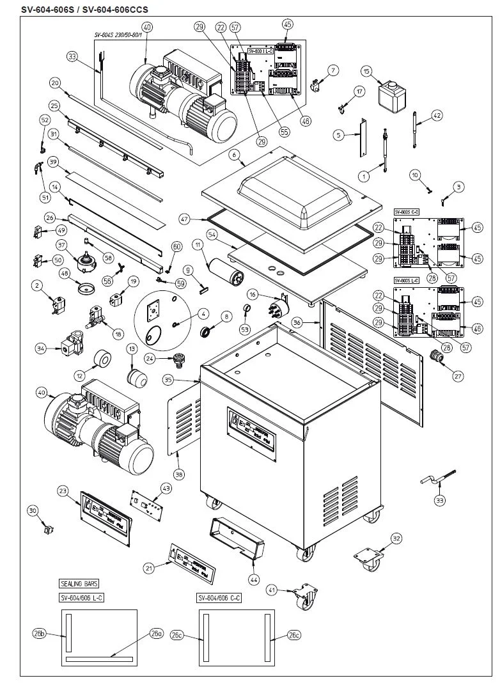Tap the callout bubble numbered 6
[x=235, y=154]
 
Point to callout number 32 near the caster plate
[x=396, y=539]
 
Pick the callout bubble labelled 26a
[x=156, y=633]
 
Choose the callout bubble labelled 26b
[x=40, y=634]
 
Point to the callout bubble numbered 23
[x=63, y=491]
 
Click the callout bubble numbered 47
[x=185, y=219]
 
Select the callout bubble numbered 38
[x=179, y=475]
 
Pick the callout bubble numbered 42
[x=437, y=116]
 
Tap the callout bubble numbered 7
[x=333, y=69]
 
